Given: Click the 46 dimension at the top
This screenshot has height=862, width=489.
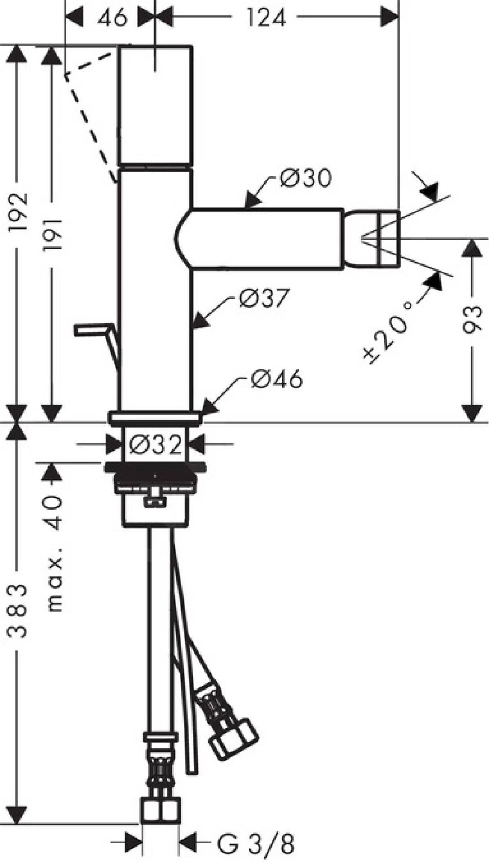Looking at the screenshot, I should tap(112, 18).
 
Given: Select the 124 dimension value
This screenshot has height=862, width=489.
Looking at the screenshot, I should tap(266, 18).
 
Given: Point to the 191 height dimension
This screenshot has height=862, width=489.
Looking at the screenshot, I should tap(53, 236).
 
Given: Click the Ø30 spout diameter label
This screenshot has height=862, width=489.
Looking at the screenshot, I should tap(306, 178).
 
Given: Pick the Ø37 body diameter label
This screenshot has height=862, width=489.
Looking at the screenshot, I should tap(264, 298).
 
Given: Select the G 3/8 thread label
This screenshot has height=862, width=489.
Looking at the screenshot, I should tap(256, 844).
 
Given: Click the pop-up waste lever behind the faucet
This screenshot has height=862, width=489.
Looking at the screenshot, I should tap(97, 332).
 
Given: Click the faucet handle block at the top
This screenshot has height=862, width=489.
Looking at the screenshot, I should tap(155, 106).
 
